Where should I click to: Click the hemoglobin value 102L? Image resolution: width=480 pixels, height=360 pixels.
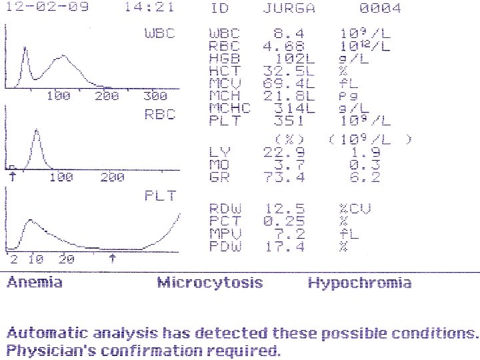click(295, 59)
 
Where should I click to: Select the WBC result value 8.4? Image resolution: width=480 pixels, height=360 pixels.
click(289, 33)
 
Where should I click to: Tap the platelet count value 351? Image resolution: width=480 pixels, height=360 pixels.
click(289, 120)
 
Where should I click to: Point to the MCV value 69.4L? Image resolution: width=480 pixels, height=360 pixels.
click(289, 83)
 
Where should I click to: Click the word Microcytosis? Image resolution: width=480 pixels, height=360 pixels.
click(210, 282)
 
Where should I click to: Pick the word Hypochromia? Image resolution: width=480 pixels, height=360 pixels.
click(360, 283)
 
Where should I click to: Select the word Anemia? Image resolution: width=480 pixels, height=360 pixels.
click(35, 282)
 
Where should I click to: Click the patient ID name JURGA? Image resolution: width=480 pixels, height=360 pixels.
click(289, 8)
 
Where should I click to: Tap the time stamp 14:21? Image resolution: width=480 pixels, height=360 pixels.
click(149, 7)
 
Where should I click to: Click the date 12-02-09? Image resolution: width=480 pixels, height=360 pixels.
click(47, 7)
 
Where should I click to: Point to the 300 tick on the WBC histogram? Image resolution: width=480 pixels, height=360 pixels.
click(155, 96)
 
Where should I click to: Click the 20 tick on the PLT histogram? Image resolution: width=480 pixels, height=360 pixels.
click(67, 259)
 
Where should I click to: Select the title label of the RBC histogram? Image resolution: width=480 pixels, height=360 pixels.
click(160, 114)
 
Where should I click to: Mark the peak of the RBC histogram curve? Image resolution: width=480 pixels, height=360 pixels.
click(37, 130)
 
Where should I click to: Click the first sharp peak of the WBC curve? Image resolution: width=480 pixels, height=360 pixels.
click(25, 47)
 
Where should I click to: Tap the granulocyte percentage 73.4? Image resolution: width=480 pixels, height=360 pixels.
click(284, 177)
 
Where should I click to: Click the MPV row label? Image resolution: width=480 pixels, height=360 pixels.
click(225, 233)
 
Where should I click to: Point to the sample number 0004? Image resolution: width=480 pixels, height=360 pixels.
click(380, 8)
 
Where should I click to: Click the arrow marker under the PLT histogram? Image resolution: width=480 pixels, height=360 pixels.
click(113, 259)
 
